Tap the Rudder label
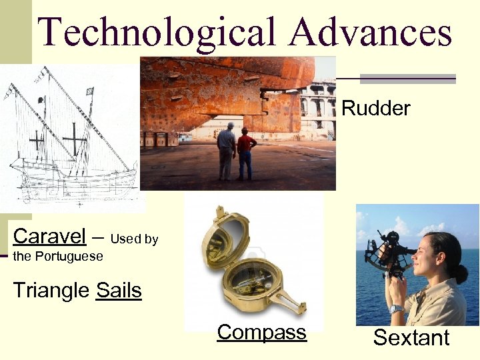(x=375, y=108)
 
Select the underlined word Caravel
(x=49, y=236)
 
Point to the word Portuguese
(x=70, y=256)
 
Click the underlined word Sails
(x=119, y=291)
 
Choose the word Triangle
(x=51, y=291)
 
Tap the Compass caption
(x=261, y=332)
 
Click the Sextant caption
(x=411, y=337)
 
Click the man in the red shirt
(x=246, y=152)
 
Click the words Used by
(x=134, y=239)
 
